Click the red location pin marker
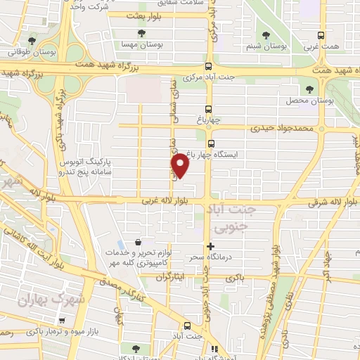pyautogui.click(x=181, y=165)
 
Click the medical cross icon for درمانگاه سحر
pyautogui.click(x=210, y=245)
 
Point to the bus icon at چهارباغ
pyautogui.click(x=209, y=108)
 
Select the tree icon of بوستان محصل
pyautogui.click(x=310, y=89)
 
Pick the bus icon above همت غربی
pyautogui.click(x=321, y=36)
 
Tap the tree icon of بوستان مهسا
pyautogui.click(x=141, y=33)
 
